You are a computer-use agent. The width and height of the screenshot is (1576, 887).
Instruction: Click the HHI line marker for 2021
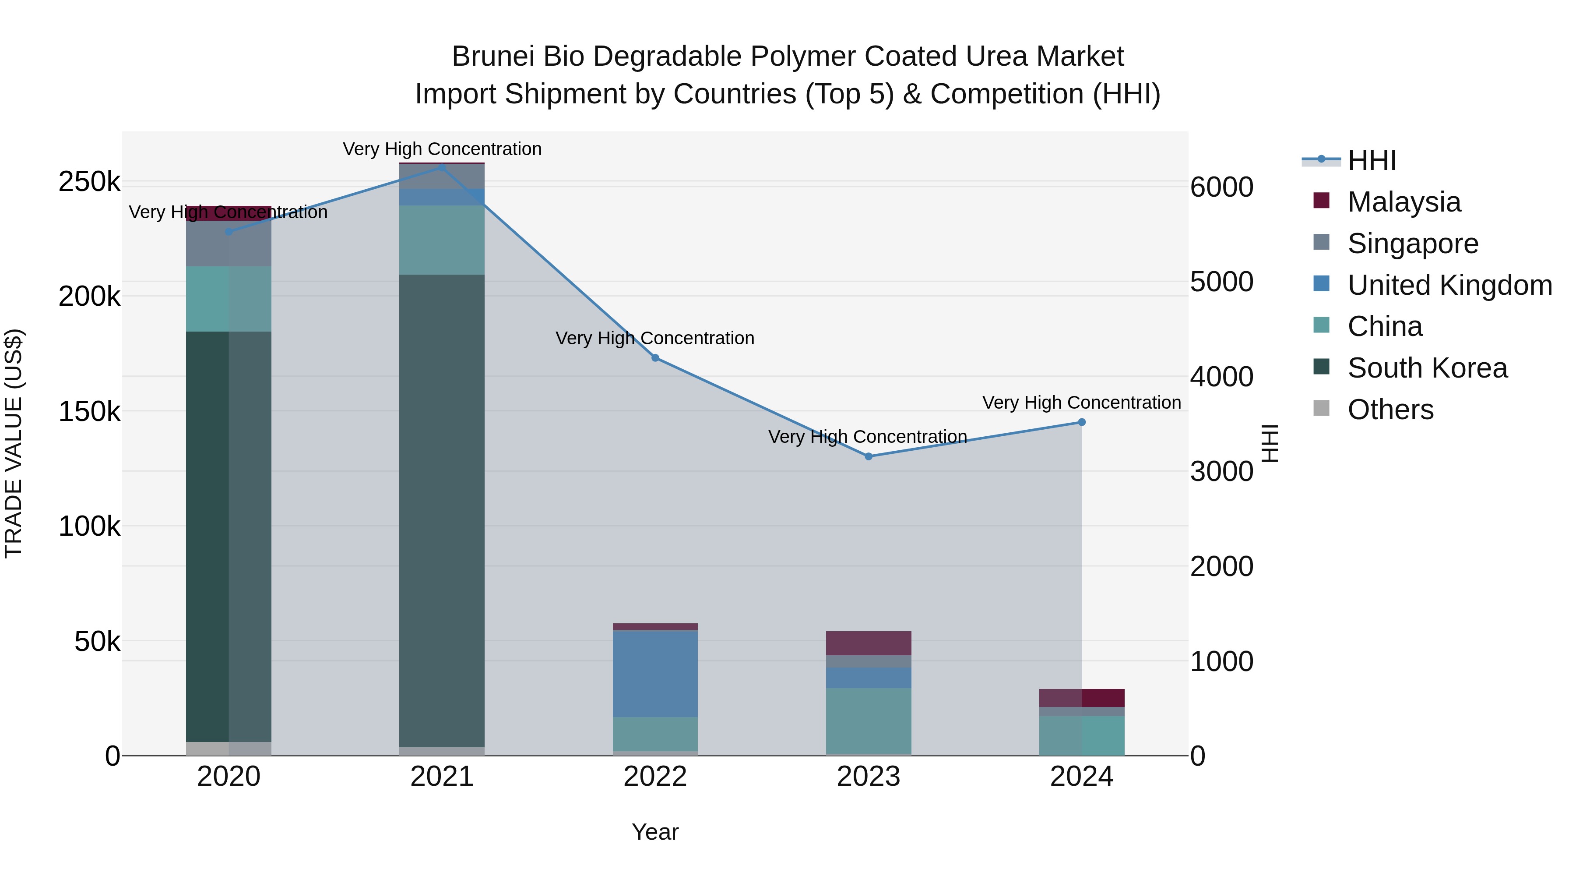[442, 167]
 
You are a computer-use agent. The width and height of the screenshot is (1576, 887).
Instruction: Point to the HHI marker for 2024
[1082, 422]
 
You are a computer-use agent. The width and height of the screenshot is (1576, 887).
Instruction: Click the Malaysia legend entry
[1404, 202]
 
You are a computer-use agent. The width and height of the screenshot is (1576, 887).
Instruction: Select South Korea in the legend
[1427, 368]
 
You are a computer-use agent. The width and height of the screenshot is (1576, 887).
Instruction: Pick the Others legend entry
[1390, 410]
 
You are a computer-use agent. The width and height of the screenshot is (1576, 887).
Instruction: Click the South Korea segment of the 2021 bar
[442, 511]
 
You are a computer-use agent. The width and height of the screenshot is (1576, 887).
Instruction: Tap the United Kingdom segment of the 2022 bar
[655, 673]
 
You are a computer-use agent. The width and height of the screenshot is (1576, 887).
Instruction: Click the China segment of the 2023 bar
[868, 721]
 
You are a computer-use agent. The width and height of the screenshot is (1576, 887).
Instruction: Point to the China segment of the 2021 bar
[442, 240]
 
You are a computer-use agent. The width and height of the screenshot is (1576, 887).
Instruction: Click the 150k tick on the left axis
[89, 411]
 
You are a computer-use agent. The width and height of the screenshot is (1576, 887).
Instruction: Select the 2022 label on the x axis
[655, 777]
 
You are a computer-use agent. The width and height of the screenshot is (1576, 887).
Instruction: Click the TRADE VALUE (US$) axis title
[14, 443]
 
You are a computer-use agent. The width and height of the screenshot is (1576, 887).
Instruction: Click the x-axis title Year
[655, 832]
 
